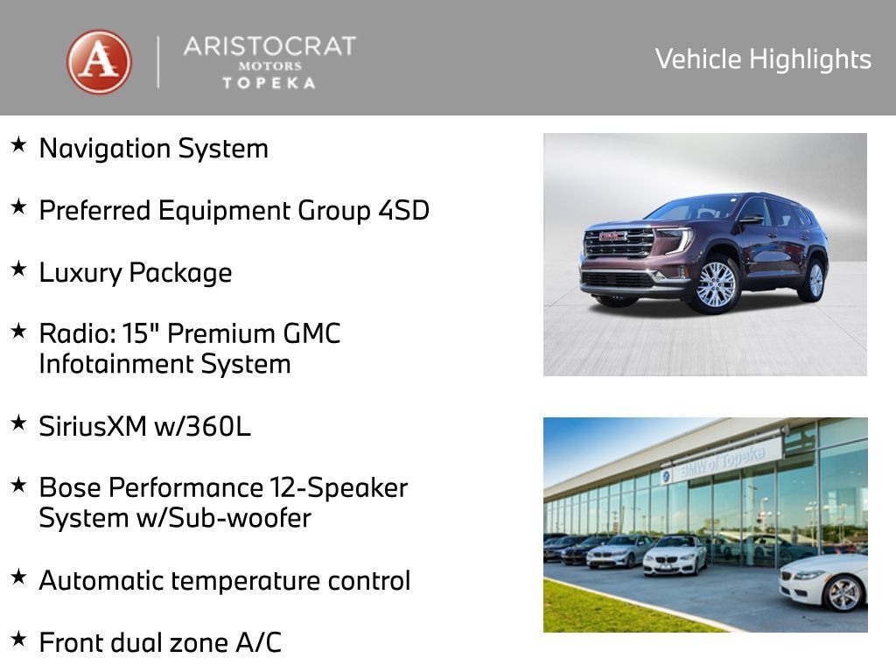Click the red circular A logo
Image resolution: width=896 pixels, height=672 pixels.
99,61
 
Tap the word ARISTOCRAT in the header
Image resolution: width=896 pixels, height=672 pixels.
269,46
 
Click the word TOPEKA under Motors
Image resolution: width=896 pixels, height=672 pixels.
269,82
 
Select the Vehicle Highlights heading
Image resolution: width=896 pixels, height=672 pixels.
763,59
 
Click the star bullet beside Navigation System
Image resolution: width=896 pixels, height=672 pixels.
18,145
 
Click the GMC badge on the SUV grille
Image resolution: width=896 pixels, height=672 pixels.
613,236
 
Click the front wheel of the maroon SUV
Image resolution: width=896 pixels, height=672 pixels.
717,284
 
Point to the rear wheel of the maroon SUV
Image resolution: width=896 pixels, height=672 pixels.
815,279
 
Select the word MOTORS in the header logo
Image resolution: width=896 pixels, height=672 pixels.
269,66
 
